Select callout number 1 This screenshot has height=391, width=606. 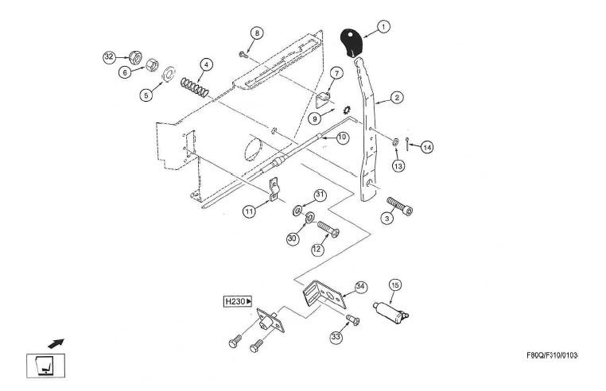point(383,27)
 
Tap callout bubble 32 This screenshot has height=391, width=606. point(110,56)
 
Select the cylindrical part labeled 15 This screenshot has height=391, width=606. point(396,308)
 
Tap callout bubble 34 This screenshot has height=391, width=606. point(359,287)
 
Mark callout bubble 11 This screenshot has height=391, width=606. point(250,212)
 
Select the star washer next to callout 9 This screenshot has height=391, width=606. point(347,110)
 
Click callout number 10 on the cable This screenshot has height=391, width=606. point(342,137)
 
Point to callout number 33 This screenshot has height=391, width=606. point(337,338)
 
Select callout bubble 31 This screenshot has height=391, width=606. point(320,194)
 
